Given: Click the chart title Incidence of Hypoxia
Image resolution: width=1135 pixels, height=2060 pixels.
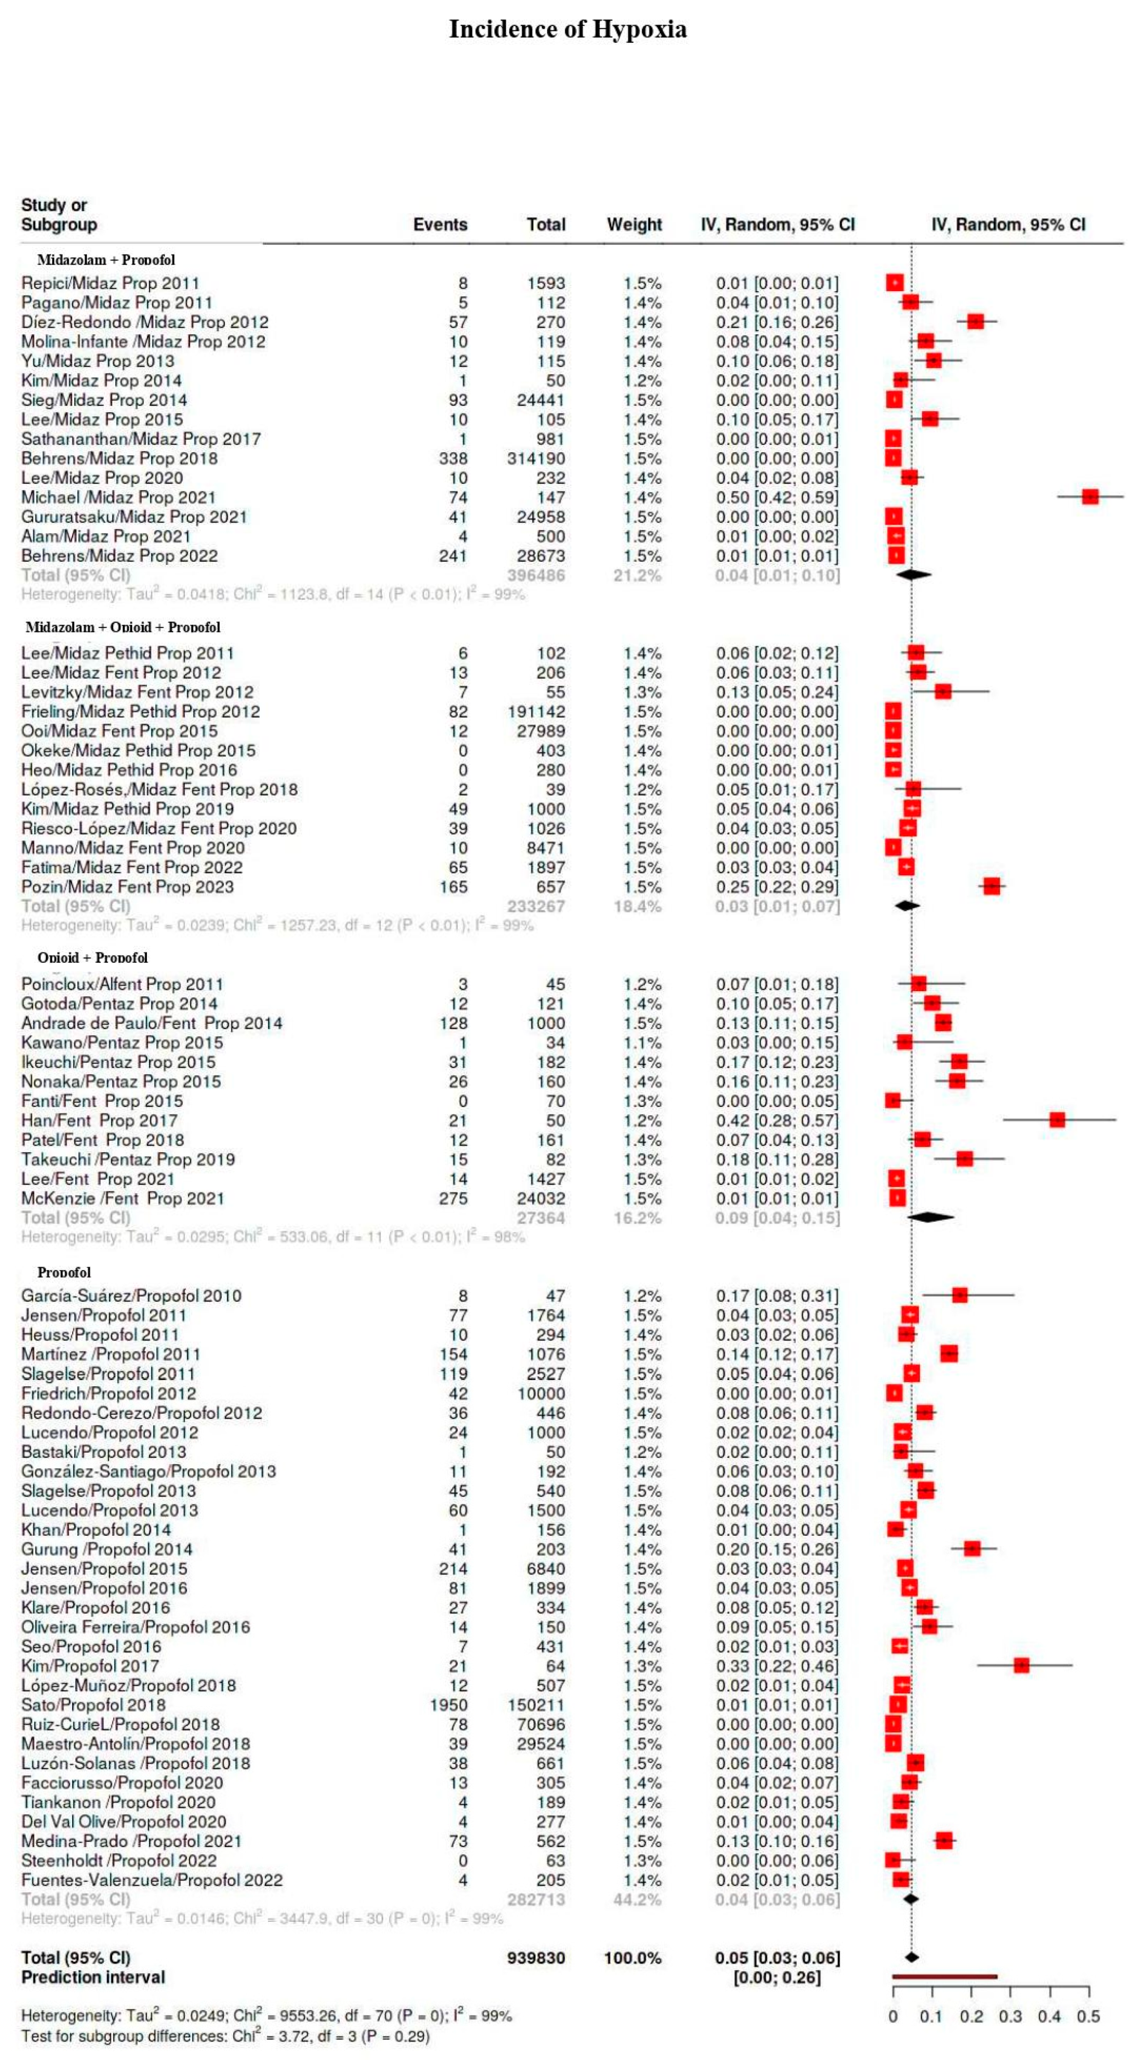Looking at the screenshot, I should tap(567, 29).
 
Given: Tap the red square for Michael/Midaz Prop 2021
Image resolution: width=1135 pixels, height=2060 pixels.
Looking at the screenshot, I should tap(1089, 497).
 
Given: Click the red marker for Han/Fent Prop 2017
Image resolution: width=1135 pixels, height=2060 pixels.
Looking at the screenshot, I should tap(1057, 1120).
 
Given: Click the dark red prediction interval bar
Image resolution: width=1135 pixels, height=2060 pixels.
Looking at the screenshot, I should tap(944, 1977).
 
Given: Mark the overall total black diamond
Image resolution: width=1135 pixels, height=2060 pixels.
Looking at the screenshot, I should tap(911, 1957).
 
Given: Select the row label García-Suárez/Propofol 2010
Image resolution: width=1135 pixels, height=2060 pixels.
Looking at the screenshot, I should tap(131, 1295).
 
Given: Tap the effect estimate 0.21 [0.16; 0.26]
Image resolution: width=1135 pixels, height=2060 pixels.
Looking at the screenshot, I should tap(777, 322).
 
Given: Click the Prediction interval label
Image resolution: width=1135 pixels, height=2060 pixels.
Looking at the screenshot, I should tap(93, 1977).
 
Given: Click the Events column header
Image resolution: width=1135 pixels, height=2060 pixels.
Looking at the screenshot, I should tap(440, 225).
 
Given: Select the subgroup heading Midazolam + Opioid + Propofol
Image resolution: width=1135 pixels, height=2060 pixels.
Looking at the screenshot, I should tap(122, 627).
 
